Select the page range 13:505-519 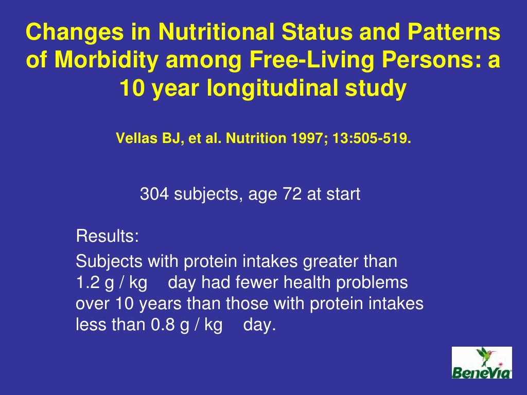click(375, 139)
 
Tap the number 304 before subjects click(155, 194)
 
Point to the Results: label click(107, 237)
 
